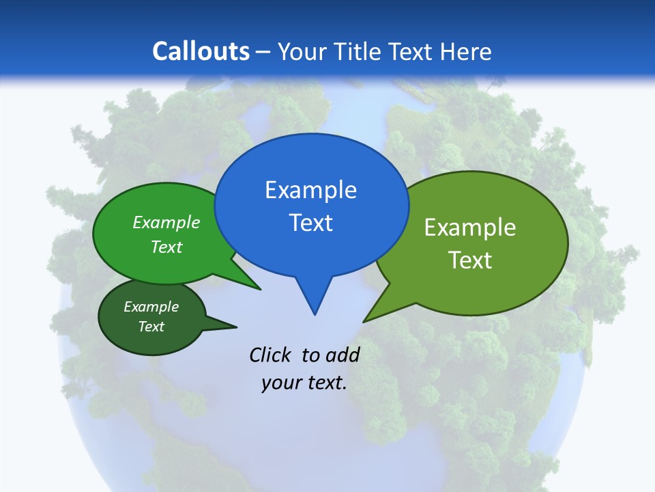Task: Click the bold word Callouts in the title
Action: pos(201,51)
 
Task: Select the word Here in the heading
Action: pos(465,51)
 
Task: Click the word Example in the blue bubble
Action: pos(311,190)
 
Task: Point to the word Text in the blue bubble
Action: pos(311,223)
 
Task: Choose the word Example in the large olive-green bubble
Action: pos(470,228)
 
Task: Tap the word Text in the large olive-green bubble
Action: pos(470,260)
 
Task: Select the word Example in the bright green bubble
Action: pos(166,222)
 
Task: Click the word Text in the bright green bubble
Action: pos(166,247)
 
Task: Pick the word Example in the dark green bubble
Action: pos(151,307)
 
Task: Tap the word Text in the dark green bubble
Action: pos(151,327)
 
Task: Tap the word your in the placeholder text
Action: pos(280,383)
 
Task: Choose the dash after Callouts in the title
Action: pos(264,52)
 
